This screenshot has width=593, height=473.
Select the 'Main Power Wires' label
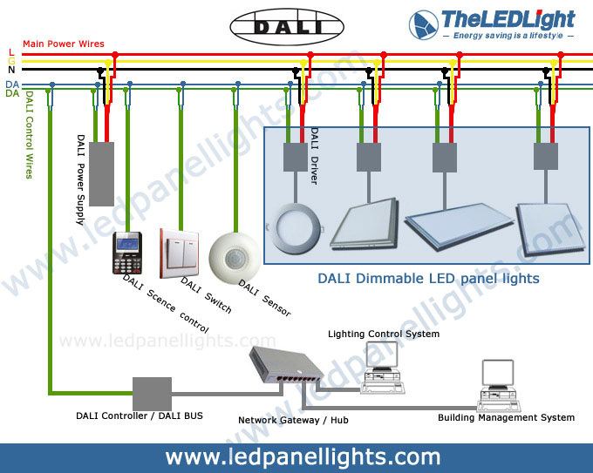pos(64,44)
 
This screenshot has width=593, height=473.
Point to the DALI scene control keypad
pos(127,253)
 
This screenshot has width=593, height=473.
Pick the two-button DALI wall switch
pos(180,251)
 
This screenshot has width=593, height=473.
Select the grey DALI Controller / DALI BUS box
pos(151,394)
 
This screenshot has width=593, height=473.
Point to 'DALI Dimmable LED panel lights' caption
pos(427,279)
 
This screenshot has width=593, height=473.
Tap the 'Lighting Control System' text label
pos(384,334)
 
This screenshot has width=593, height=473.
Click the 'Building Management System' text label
pos(506,417)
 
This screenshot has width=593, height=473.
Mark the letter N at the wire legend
pos(10,69)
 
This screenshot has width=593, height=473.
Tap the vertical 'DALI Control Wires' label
pos(29,135)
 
